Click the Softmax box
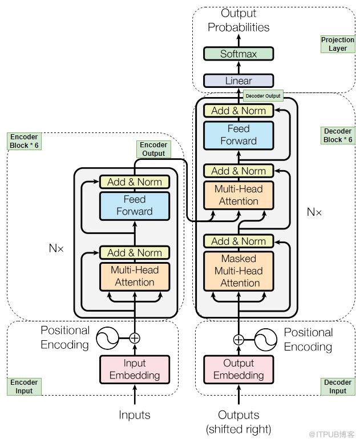[238, 54]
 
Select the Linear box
[238, 81]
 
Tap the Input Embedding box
[135, 369]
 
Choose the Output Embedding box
[238, 369]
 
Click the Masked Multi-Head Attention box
[238, 271]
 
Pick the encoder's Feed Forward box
[135, 206]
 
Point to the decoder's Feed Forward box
[238, 135]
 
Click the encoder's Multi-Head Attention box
[135, 276]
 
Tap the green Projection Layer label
[338, 45]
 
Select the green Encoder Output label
[153, 150]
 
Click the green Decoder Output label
[263, 96]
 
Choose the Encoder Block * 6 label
[24, 141]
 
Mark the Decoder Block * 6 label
[338, 135]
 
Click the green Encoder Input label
[24, 386]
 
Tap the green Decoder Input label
[338, 386]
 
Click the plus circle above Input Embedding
[135, 338]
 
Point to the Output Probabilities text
[238, 20]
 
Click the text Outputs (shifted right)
[238, 422]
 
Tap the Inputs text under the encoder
[135, 415]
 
